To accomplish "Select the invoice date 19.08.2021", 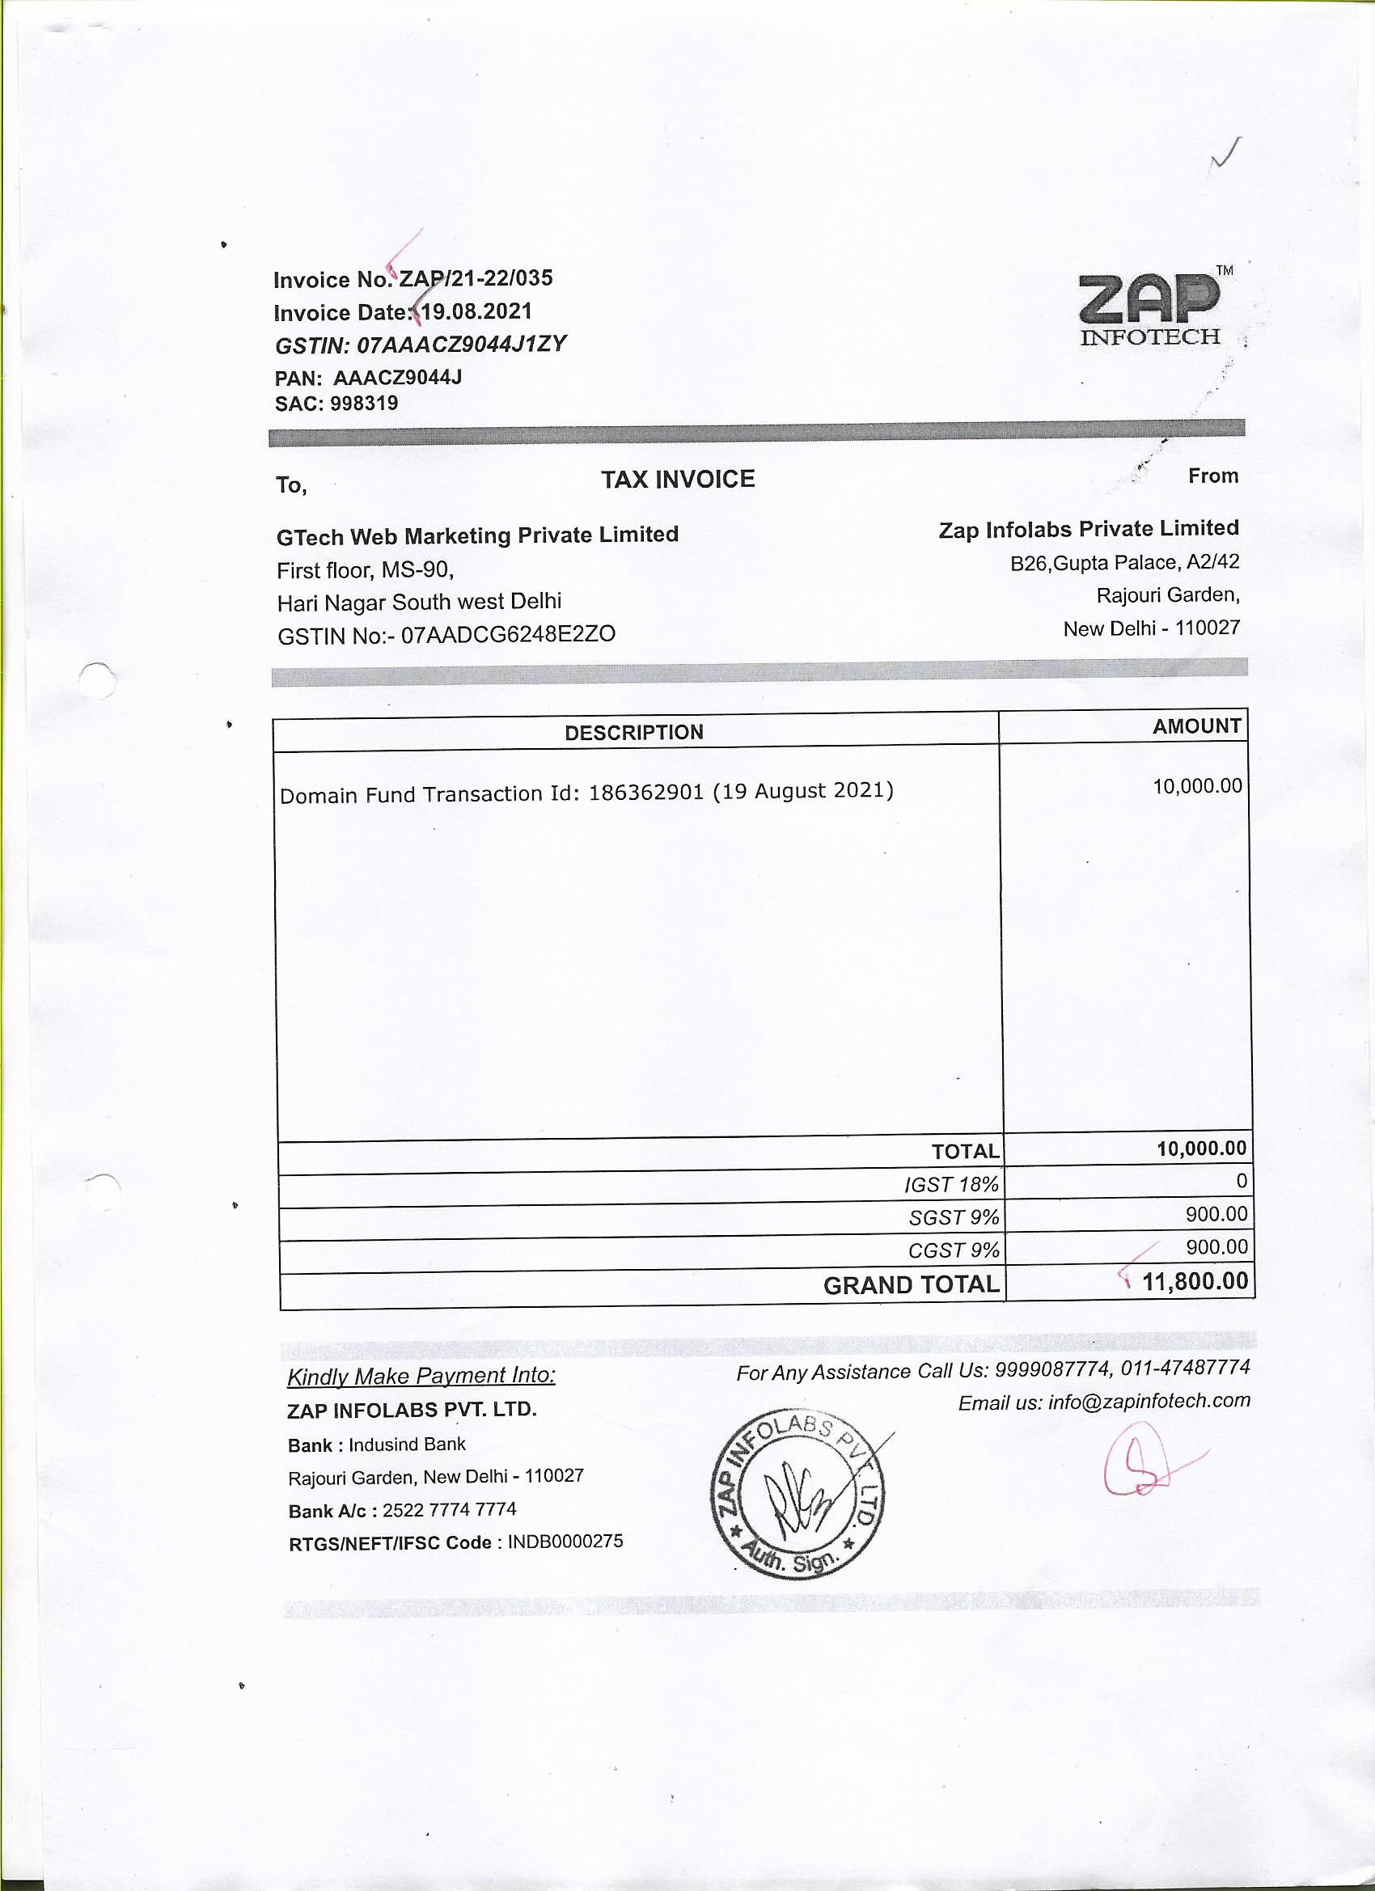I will tap(476, 312).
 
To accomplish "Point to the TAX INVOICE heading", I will tap(678, 480).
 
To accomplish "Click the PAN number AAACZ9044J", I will tap(398, 378).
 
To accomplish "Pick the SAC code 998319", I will tap(365, 404).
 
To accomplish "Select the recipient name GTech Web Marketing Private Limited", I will tap(477, 535).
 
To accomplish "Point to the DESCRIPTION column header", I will tap(634, 733).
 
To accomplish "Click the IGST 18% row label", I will tap(951, 1185).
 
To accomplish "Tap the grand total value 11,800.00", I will tap(1195, 1280).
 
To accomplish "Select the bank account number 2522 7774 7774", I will tap(450, 1510).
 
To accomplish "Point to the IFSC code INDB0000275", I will tap(565, 1542).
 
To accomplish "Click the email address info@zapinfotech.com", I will tap(1149, 1402).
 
